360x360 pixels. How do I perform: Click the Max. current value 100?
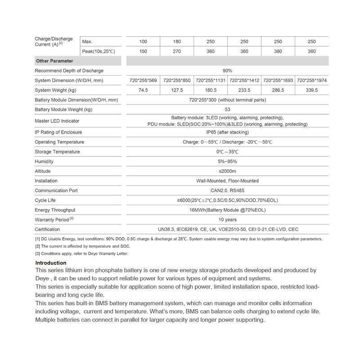(143, 41)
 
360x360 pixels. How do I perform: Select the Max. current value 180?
(177, 41)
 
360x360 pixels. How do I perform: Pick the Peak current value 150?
(143, 51)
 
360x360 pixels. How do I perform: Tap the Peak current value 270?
(177, 51)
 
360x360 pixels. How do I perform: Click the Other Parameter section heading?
(54, 61)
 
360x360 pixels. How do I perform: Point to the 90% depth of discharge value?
(227, 71)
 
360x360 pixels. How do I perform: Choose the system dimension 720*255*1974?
(312, 81)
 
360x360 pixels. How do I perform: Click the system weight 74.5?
(143, 90)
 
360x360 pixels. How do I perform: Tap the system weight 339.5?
(312, 90)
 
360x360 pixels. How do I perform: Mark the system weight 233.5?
(244, 90)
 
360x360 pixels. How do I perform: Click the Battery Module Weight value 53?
(227, 109)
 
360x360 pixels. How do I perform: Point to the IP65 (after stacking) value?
(227, 132)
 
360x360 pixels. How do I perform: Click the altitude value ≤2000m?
(227, 171)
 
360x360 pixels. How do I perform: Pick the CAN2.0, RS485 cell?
(227, 190)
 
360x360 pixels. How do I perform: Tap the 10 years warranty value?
(227, 219)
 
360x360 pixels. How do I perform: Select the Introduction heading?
(50, 263)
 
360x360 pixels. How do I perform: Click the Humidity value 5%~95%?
(227, 162)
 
